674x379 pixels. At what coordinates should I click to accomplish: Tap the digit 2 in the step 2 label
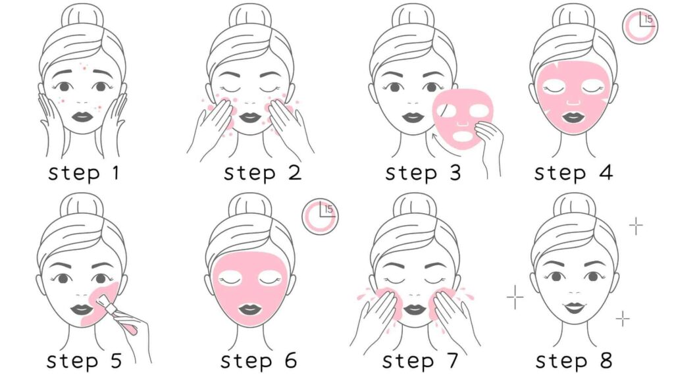point(292,174)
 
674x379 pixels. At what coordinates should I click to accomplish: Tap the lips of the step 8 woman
point(575,307)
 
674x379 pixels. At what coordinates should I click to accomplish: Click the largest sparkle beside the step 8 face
point(515,297)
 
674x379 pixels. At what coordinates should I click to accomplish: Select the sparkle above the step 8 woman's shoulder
point(622,319)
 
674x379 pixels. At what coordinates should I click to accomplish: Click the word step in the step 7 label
point(407,362)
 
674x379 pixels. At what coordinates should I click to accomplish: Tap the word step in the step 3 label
point(411,174)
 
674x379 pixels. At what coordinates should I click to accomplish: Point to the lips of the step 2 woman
point(249,117)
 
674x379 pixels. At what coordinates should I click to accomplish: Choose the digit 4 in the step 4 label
point(606,174)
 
